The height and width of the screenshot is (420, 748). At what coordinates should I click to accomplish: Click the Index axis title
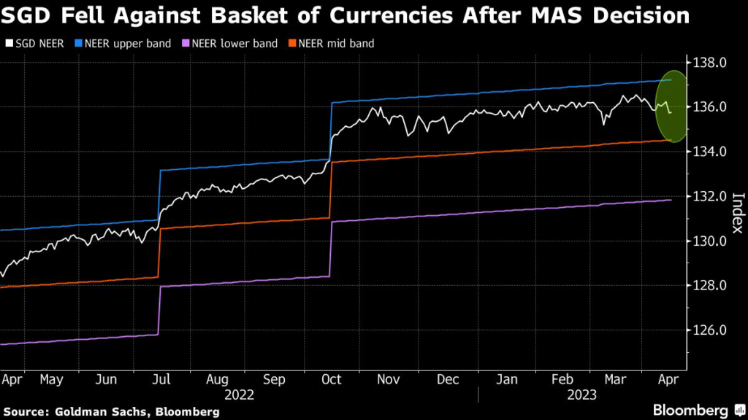coord(736,214)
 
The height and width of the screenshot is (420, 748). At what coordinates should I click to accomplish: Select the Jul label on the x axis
coord(162,379)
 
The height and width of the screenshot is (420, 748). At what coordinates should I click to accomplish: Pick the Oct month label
coord(332,379)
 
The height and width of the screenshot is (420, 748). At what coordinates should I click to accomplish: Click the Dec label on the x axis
coord(448,379)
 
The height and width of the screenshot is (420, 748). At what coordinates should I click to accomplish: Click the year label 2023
coord(583,394)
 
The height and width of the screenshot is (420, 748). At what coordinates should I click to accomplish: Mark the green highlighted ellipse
coord(671,106)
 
